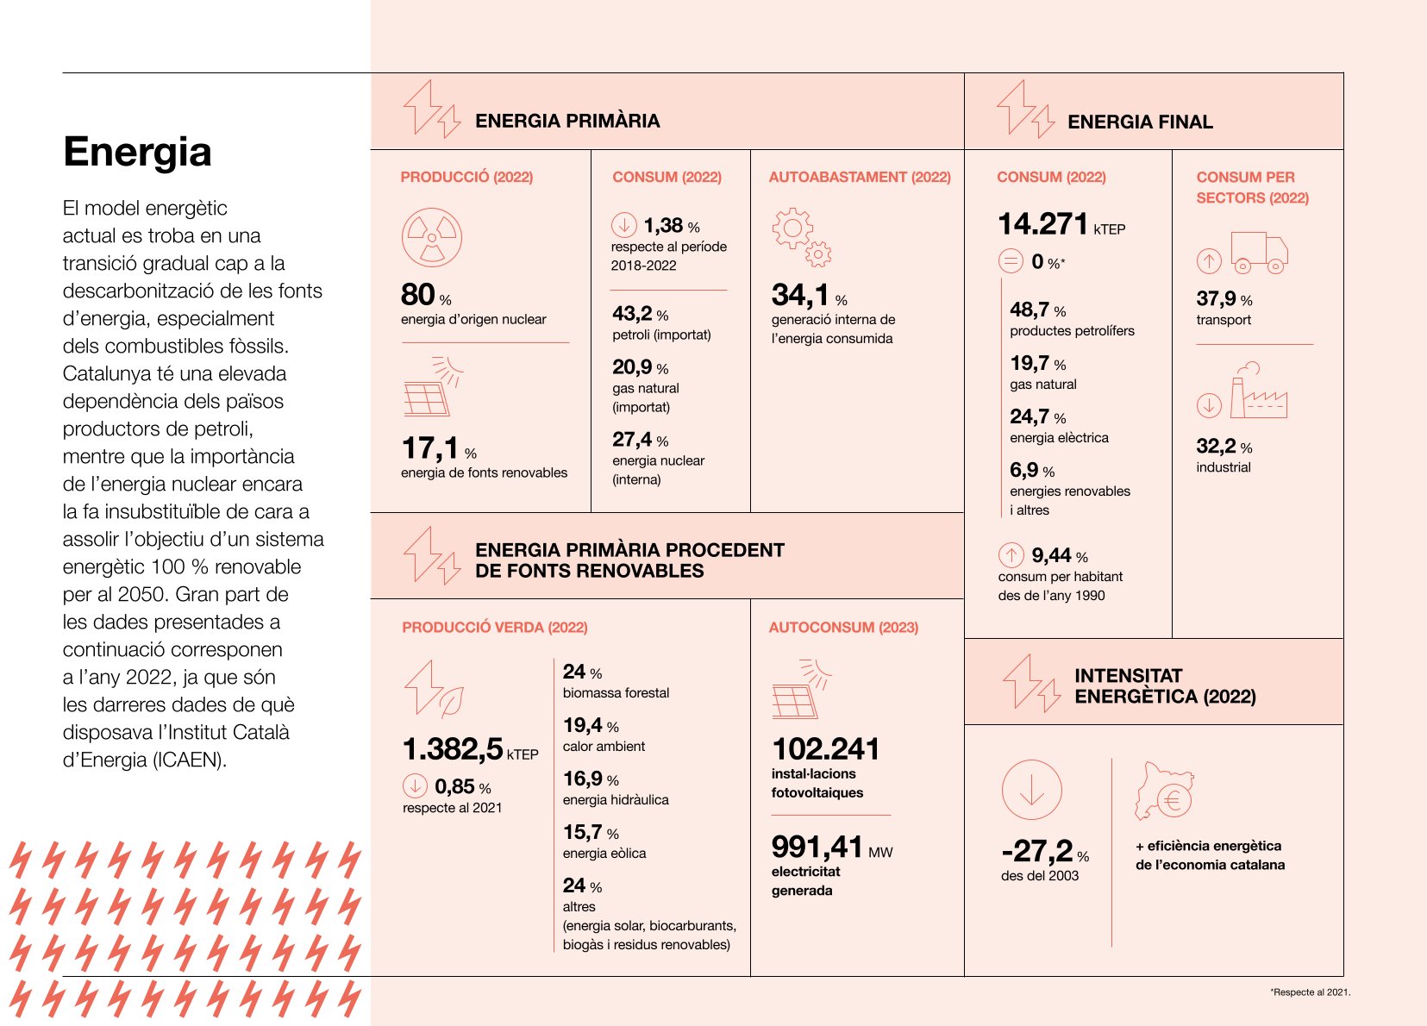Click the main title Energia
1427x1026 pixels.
[137, 153]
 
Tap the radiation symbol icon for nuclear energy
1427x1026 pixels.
[432, 237]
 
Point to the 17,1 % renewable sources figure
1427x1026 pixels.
[439, 448]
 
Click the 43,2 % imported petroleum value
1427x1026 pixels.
[640, 314]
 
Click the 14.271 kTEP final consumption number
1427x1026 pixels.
[1061, 224]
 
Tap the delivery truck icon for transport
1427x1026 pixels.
[1259, 253]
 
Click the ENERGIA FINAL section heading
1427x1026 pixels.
[1140, 122]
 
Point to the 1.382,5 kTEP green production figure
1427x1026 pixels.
[470, 749]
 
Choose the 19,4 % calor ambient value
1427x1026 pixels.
[591, 726]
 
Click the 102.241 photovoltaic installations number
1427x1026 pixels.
[826, 749]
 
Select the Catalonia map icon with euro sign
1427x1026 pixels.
[1165, 791]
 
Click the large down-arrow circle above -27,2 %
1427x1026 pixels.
[1032, 790]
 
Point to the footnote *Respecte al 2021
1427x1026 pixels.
[1310, 992]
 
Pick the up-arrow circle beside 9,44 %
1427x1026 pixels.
[1011, 555]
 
